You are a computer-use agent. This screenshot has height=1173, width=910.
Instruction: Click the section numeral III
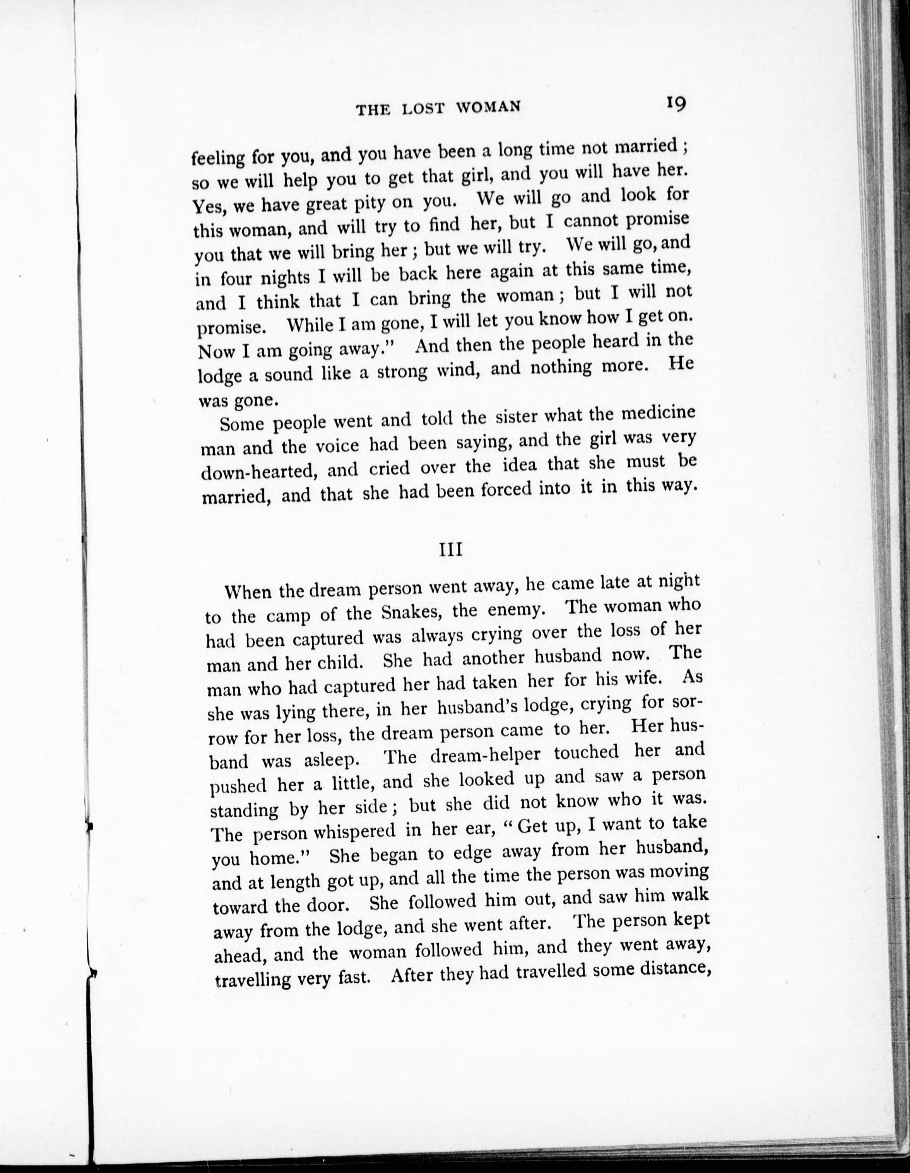451,551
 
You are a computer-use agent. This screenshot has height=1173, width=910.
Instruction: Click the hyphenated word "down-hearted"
258,472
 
